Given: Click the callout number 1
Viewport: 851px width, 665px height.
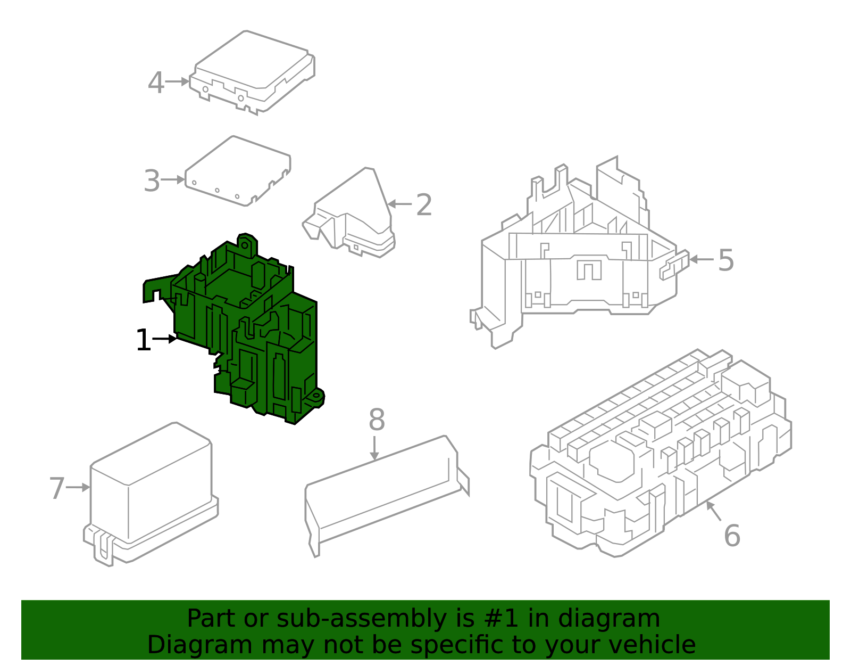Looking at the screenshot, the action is point(143,340).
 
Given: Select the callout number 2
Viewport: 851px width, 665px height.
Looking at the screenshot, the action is point(424,204).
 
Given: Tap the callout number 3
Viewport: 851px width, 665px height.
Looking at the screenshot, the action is point(152,180).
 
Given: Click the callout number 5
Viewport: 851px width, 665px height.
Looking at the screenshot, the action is point(725,260).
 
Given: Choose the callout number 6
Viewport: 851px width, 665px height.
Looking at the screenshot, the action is point(732,535).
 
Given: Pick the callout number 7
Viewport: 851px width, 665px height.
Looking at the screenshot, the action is point(57,488).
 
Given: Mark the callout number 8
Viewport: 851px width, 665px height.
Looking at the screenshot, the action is point(377,420).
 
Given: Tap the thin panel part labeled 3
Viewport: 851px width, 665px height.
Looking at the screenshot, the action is point(238,171).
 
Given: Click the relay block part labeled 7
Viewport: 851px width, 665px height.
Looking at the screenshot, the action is point(151,495).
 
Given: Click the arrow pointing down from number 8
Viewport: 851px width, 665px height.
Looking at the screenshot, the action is point(374,448).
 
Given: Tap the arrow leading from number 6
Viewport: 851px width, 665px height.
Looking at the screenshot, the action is point(714,511).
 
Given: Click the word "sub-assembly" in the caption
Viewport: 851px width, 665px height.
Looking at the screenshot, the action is point(362,618).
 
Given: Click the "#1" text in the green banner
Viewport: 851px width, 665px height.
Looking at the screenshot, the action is point(501,618).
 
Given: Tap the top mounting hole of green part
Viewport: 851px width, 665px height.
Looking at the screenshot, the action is point(244,245).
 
